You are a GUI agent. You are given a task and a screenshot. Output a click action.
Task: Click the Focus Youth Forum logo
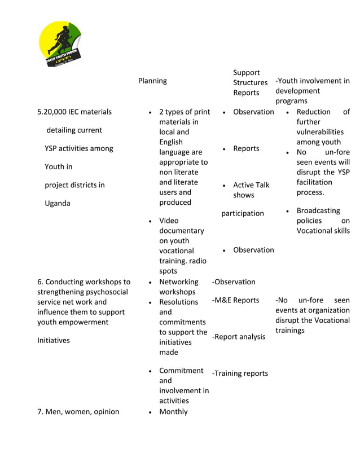60,43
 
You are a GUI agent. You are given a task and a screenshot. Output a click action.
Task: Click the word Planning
152,81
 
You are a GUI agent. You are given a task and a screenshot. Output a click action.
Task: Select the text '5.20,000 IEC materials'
74,112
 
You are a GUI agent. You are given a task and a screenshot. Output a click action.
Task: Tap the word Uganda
58,203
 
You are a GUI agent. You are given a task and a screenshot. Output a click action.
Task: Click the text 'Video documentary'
181,226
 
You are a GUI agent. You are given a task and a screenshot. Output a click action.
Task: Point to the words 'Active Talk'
251,185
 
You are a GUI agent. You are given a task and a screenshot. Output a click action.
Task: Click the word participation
243,213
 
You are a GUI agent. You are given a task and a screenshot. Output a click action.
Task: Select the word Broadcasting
318,210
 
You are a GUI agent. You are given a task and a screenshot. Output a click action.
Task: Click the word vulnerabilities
320,132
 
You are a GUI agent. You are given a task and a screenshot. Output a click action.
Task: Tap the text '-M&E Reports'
235,300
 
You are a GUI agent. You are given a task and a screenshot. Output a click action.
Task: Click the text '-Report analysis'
238,337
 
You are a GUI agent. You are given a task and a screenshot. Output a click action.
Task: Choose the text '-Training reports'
240,373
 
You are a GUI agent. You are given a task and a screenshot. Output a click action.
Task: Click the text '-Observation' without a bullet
234,282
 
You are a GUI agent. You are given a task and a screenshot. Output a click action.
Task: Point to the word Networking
178,282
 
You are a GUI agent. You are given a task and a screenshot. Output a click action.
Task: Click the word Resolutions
178,302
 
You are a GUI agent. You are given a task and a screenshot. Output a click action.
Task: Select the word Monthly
173,411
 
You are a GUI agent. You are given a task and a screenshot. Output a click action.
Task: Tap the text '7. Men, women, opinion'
78,411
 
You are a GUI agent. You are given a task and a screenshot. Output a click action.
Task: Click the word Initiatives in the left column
54,340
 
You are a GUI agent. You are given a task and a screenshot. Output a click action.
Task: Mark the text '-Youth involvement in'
312,81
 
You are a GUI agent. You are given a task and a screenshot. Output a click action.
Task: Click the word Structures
250,82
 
